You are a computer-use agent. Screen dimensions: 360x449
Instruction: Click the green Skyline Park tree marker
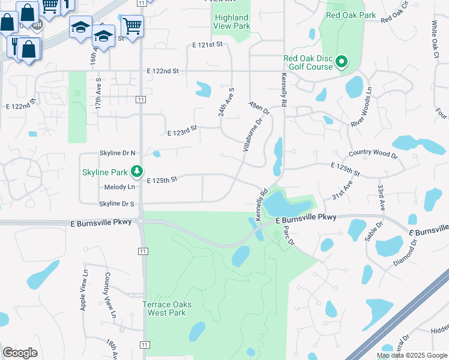137,172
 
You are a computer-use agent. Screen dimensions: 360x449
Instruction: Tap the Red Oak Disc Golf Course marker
342,62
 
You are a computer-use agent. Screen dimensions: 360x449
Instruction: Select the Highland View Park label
232,22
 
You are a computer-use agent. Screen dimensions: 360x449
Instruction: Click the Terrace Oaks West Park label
167,308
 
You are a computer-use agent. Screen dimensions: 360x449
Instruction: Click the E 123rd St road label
182,128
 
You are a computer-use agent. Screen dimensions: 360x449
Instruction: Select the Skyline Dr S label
116,203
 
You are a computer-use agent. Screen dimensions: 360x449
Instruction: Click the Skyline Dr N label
117,154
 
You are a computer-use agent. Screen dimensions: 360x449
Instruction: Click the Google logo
20,353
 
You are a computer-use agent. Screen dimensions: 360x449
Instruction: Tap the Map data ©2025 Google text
412,355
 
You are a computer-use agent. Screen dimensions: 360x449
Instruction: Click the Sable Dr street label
372,231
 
